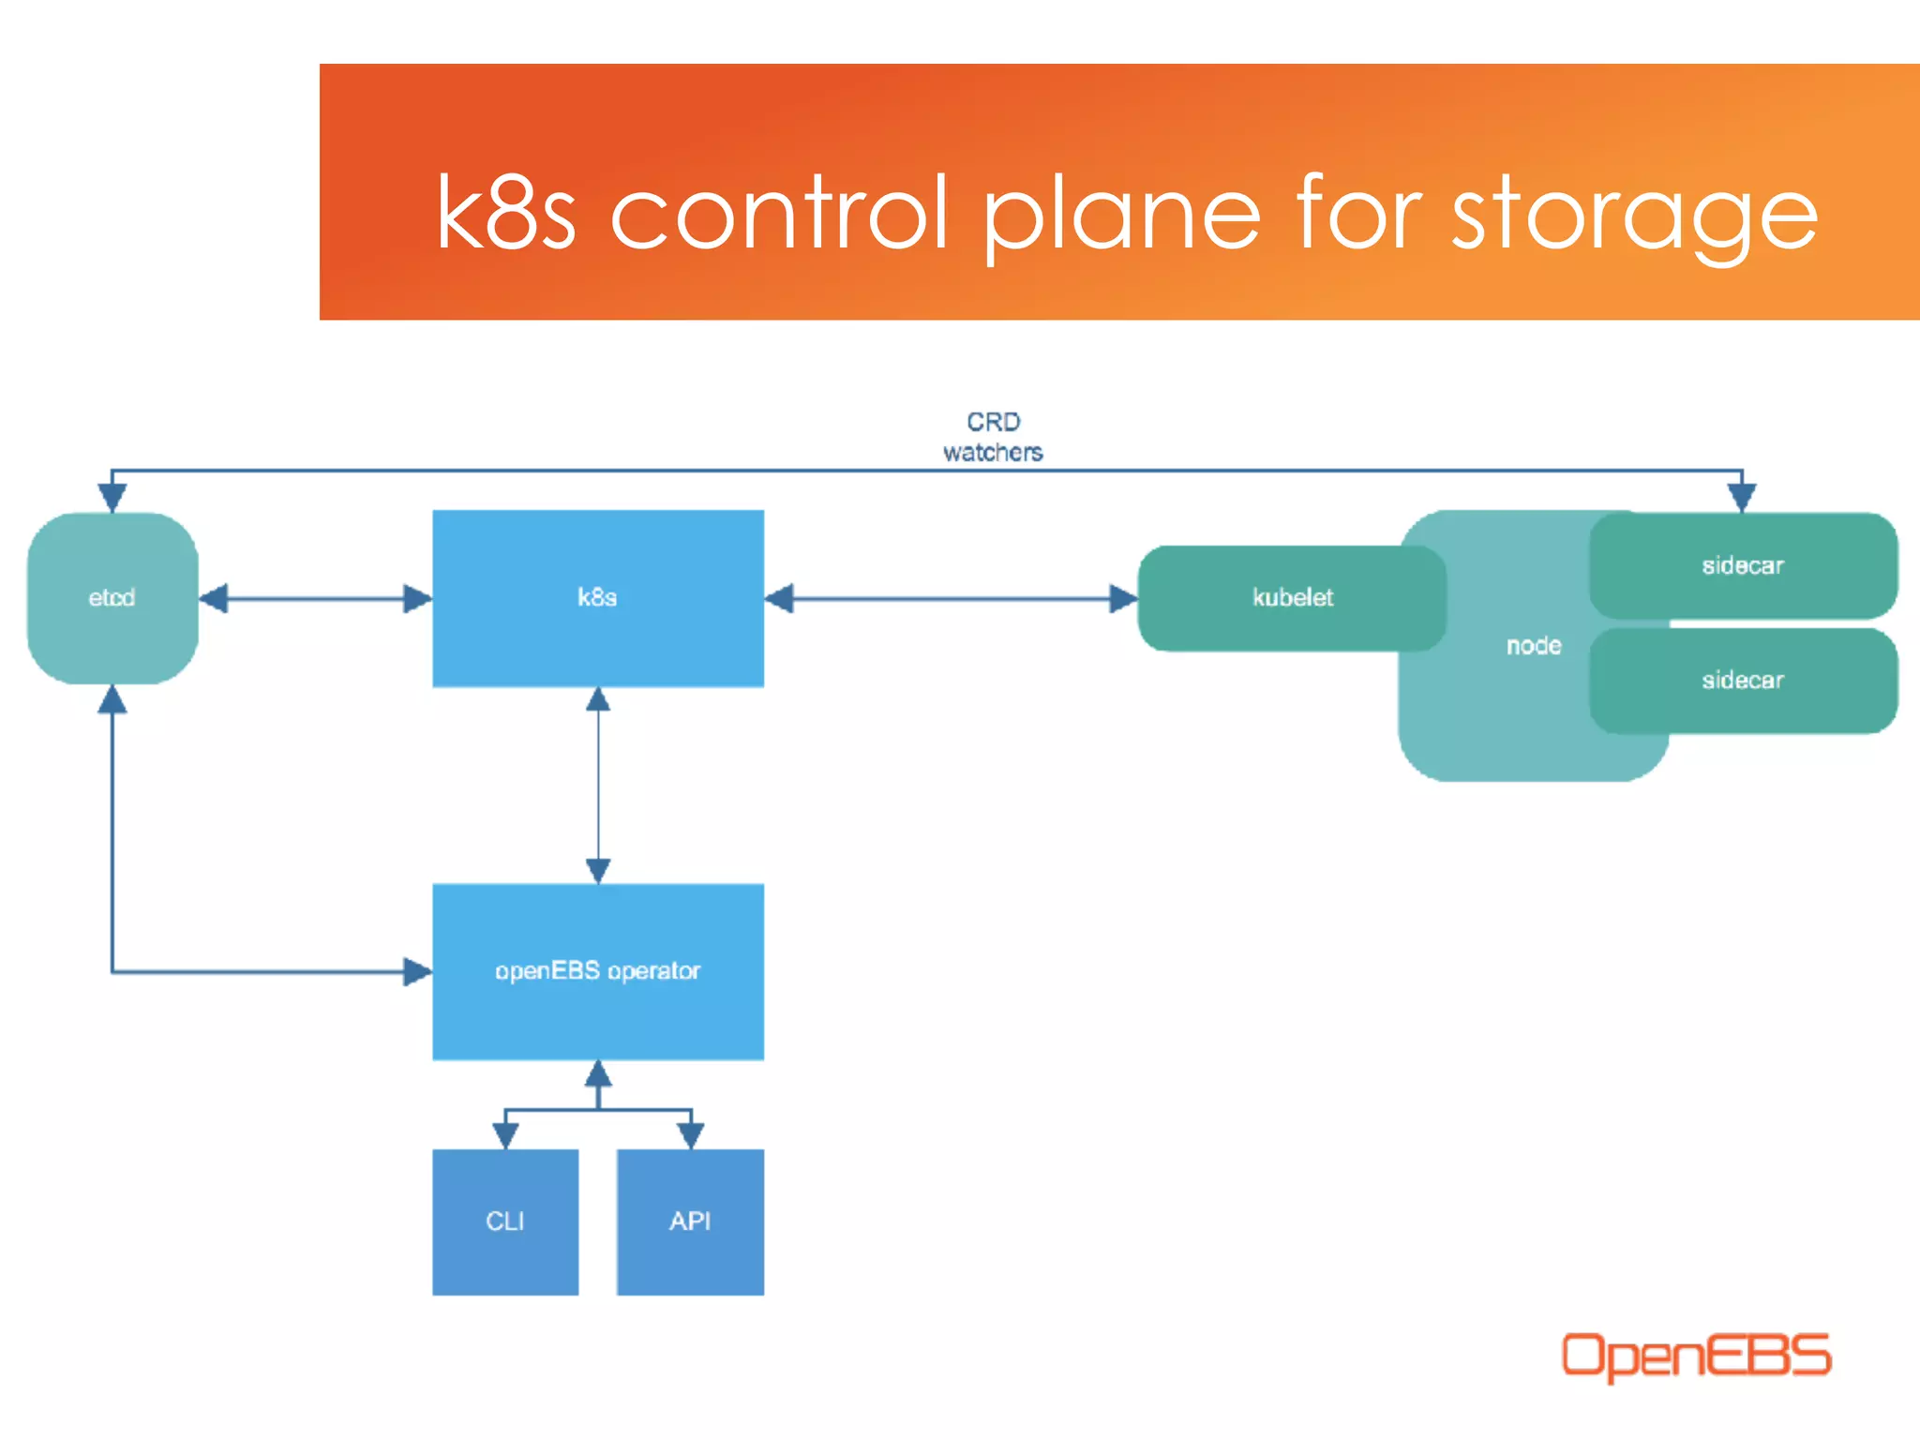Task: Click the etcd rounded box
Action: point(112,597)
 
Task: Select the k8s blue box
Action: point(597,597)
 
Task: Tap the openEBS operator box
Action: point(597,971)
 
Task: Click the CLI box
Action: point(504,1222)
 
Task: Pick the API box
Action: point(690,1222)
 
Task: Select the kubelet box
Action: point(1291,597)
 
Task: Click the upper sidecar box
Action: point(1743,565)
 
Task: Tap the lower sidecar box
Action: point(1743,681)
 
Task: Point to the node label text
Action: point(1534,646)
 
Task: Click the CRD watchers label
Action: point(993,437)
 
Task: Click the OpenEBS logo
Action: point(1695,1356)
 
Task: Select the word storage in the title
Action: point(1635,216)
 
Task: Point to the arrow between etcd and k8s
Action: point(316,598)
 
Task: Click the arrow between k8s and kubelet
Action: point(951,598)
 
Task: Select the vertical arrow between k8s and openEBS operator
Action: point(598,786)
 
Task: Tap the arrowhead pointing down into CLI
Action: point(505,1135)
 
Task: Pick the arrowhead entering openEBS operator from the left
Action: point(417,971)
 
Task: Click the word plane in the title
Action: point(1121,216)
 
